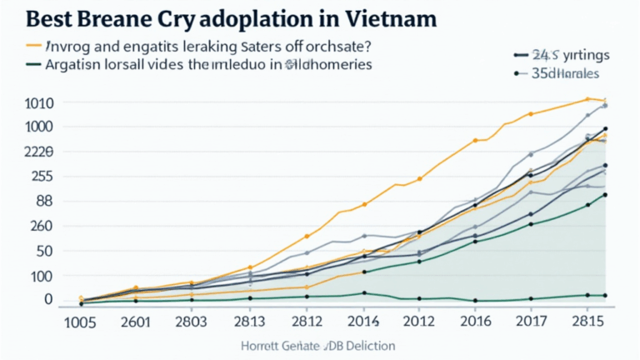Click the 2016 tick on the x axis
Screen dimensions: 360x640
(475, 322)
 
